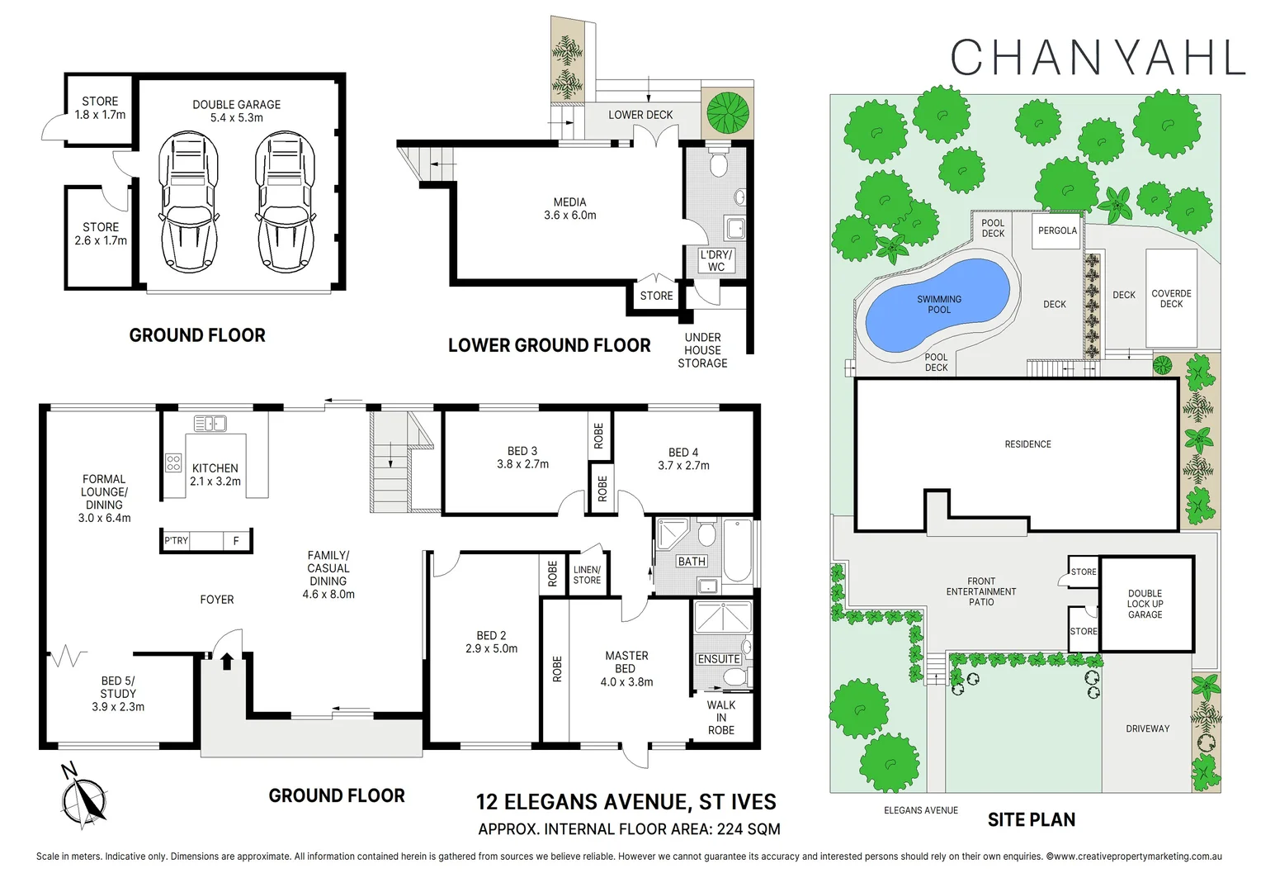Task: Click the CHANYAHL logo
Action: click(x=1097, y=58)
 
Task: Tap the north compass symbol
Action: click(x=84, y=799)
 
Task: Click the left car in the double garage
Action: click(x=188, y=202)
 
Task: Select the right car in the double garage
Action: click(x=286, y=202)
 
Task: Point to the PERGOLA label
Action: click(x=1057, y=230)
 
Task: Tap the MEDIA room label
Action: click(x=569, y=208)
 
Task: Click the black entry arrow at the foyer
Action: click(x=226, y=660)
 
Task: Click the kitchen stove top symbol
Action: click(x=173, y=463)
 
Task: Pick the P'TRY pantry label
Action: click(x=177, y=541)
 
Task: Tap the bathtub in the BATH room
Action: click(x=737, y=550)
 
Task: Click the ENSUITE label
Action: click(x=718, y=659)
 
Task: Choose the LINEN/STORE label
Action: click(x=587, y=575)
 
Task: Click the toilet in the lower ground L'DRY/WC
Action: click(x=718, y=164)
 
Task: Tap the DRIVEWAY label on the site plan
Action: click(x=1147, y=728)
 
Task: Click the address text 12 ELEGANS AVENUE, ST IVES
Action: click(x=626, y=802)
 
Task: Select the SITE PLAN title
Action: click(x=1031, y=819)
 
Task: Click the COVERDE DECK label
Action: click(x=1171, y=298)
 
